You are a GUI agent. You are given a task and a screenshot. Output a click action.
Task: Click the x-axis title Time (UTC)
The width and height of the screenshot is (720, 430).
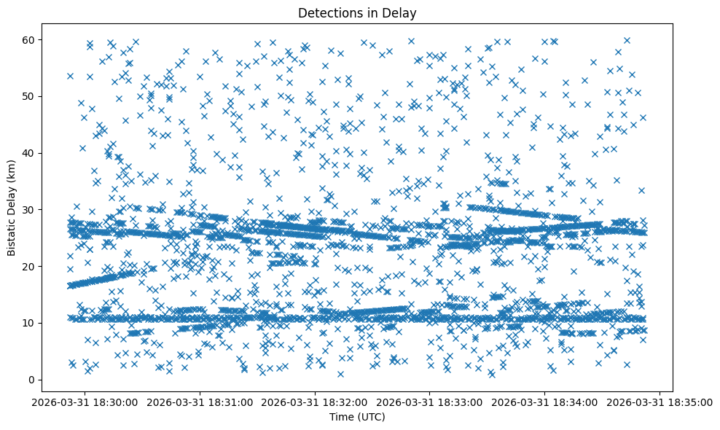point(358,417)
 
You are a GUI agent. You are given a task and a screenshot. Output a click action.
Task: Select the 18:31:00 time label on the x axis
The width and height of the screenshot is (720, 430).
point(200,402)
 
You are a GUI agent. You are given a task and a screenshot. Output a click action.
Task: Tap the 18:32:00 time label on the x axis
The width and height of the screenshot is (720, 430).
point(316,402)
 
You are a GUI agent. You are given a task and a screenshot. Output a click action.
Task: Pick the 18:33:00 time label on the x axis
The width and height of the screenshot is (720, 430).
point(430,402)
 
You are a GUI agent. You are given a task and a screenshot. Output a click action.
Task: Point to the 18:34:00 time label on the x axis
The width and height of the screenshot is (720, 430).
point(545,402)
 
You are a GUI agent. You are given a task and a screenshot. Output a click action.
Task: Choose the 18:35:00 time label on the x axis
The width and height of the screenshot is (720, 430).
point(660,402)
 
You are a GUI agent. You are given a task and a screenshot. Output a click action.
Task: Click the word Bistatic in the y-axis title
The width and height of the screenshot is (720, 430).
point(12,237)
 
